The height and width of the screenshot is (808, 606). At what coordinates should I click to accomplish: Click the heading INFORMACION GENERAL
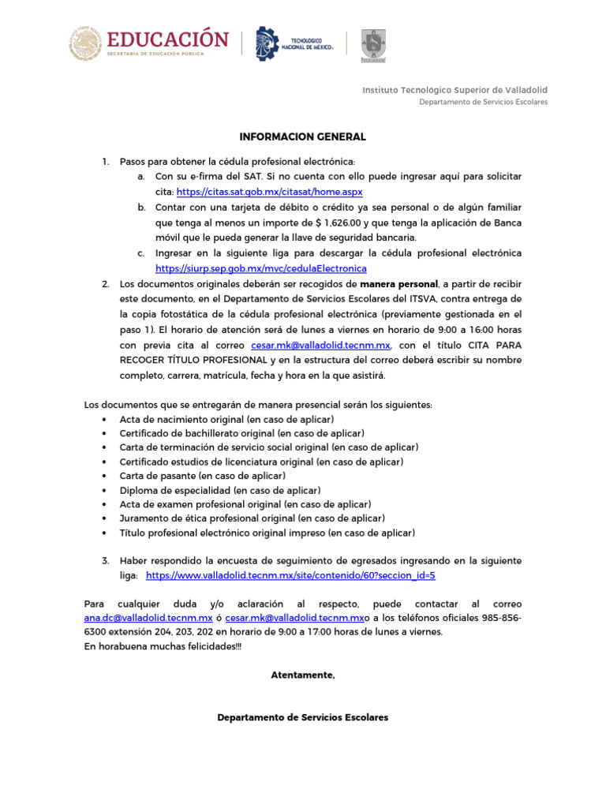(x=303, y=137)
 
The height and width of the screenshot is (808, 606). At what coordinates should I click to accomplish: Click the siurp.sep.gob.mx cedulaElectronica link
(x=249, y=268)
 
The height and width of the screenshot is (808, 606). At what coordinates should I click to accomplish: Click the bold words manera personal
(x=398, y=284)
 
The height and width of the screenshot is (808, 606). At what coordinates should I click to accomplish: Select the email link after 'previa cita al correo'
(x=320, y=346)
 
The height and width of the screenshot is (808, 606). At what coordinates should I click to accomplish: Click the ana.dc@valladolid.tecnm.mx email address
(x=148, y=618)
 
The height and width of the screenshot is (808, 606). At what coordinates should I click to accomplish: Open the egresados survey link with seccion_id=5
(x=290, y=575)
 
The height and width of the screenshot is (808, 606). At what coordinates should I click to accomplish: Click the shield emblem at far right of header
(x=373, y=45)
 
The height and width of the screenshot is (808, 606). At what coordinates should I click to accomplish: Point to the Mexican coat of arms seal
(x=84, y=43)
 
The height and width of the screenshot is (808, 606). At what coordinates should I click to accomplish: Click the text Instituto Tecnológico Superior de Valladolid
(x=454, y=90)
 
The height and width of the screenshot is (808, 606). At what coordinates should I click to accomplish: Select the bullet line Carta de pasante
(x=202, y=476)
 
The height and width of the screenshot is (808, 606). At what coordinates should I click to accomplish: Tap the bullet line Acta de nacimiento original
(x=226, y=419)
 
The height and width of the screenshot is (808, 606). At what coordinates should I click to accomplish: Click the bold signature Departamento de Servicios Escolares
(x=303, y=717)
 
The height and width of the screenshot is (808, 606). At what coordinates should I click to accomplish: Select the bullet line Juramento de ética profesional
(x=252, y=518)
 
